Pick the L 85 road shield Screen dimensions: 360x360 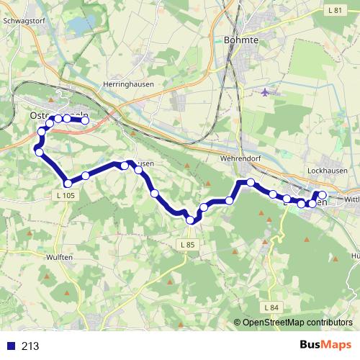[x=187, y=245]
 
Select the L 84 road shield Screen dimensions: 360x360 [x=271, y=308]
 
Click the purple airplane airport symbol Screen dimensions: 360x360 [x=266, y=92]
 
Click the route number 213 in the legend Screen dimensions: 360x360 [x=30, y=346]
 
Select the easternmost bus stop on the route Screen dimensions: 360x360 [x=323, y=196]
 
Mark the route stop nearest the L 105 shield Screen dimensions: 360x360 [x=68, y=183]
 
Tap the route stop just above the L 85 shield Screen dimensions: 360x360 [x=190, y=220]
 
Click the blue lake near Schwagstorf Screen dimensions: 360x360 [x=78, y=27]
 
